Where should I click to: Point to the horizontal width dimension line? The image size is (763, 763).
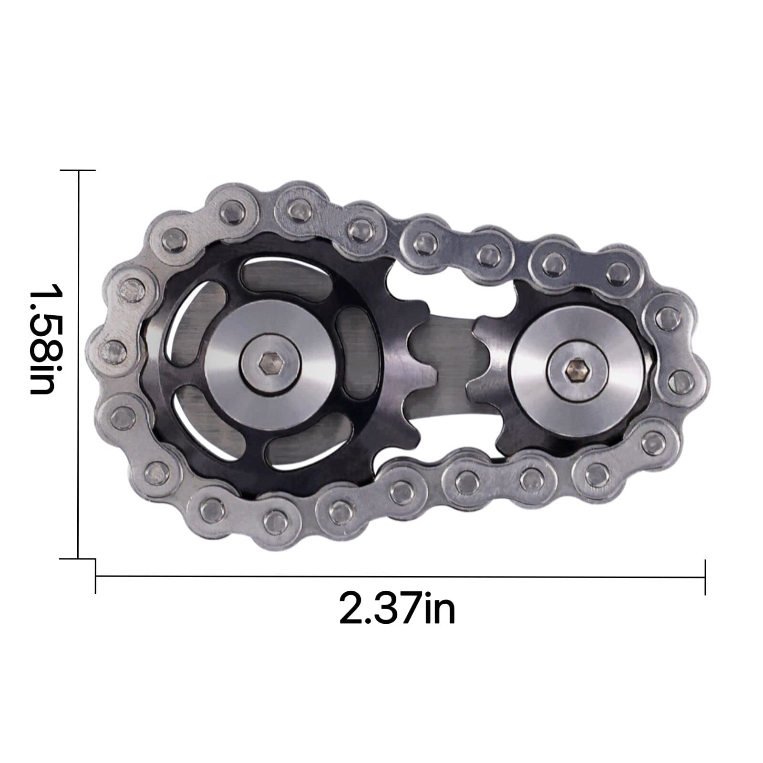click(x=400, y=577)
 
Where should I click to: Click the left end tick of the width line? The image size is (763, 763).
click(x=96, y=577)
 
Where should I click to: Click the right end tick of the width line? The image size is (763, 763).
click(x=705, y=577)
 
